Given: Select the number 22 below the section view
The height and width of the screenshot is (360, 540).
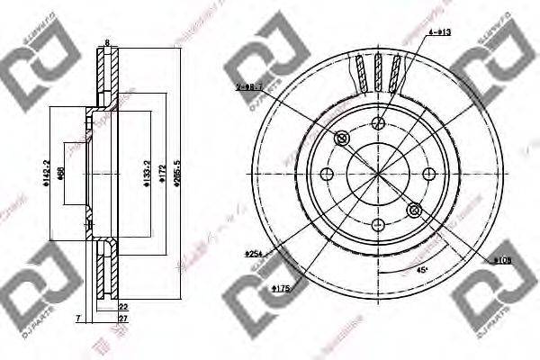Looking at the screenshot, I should (122, 307).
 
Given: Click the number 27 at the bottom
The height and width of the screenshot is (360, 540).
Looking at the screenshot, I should (122, 319).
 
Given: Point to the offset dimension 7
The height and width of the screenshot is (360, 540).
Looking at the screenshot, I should (78, 319).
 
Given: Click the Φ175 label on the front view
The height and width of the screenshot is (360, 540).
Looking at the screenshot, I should (280, 288).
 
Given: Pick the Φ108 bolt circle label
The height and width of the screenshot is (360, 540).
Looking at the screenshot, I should (502, 260).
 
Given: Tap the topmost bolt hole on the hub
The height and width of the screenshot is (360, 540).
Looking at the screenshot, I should (377, 125).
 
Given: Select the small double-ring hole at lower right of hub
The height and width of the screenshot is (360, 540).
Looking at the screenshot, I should (413, 211).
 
